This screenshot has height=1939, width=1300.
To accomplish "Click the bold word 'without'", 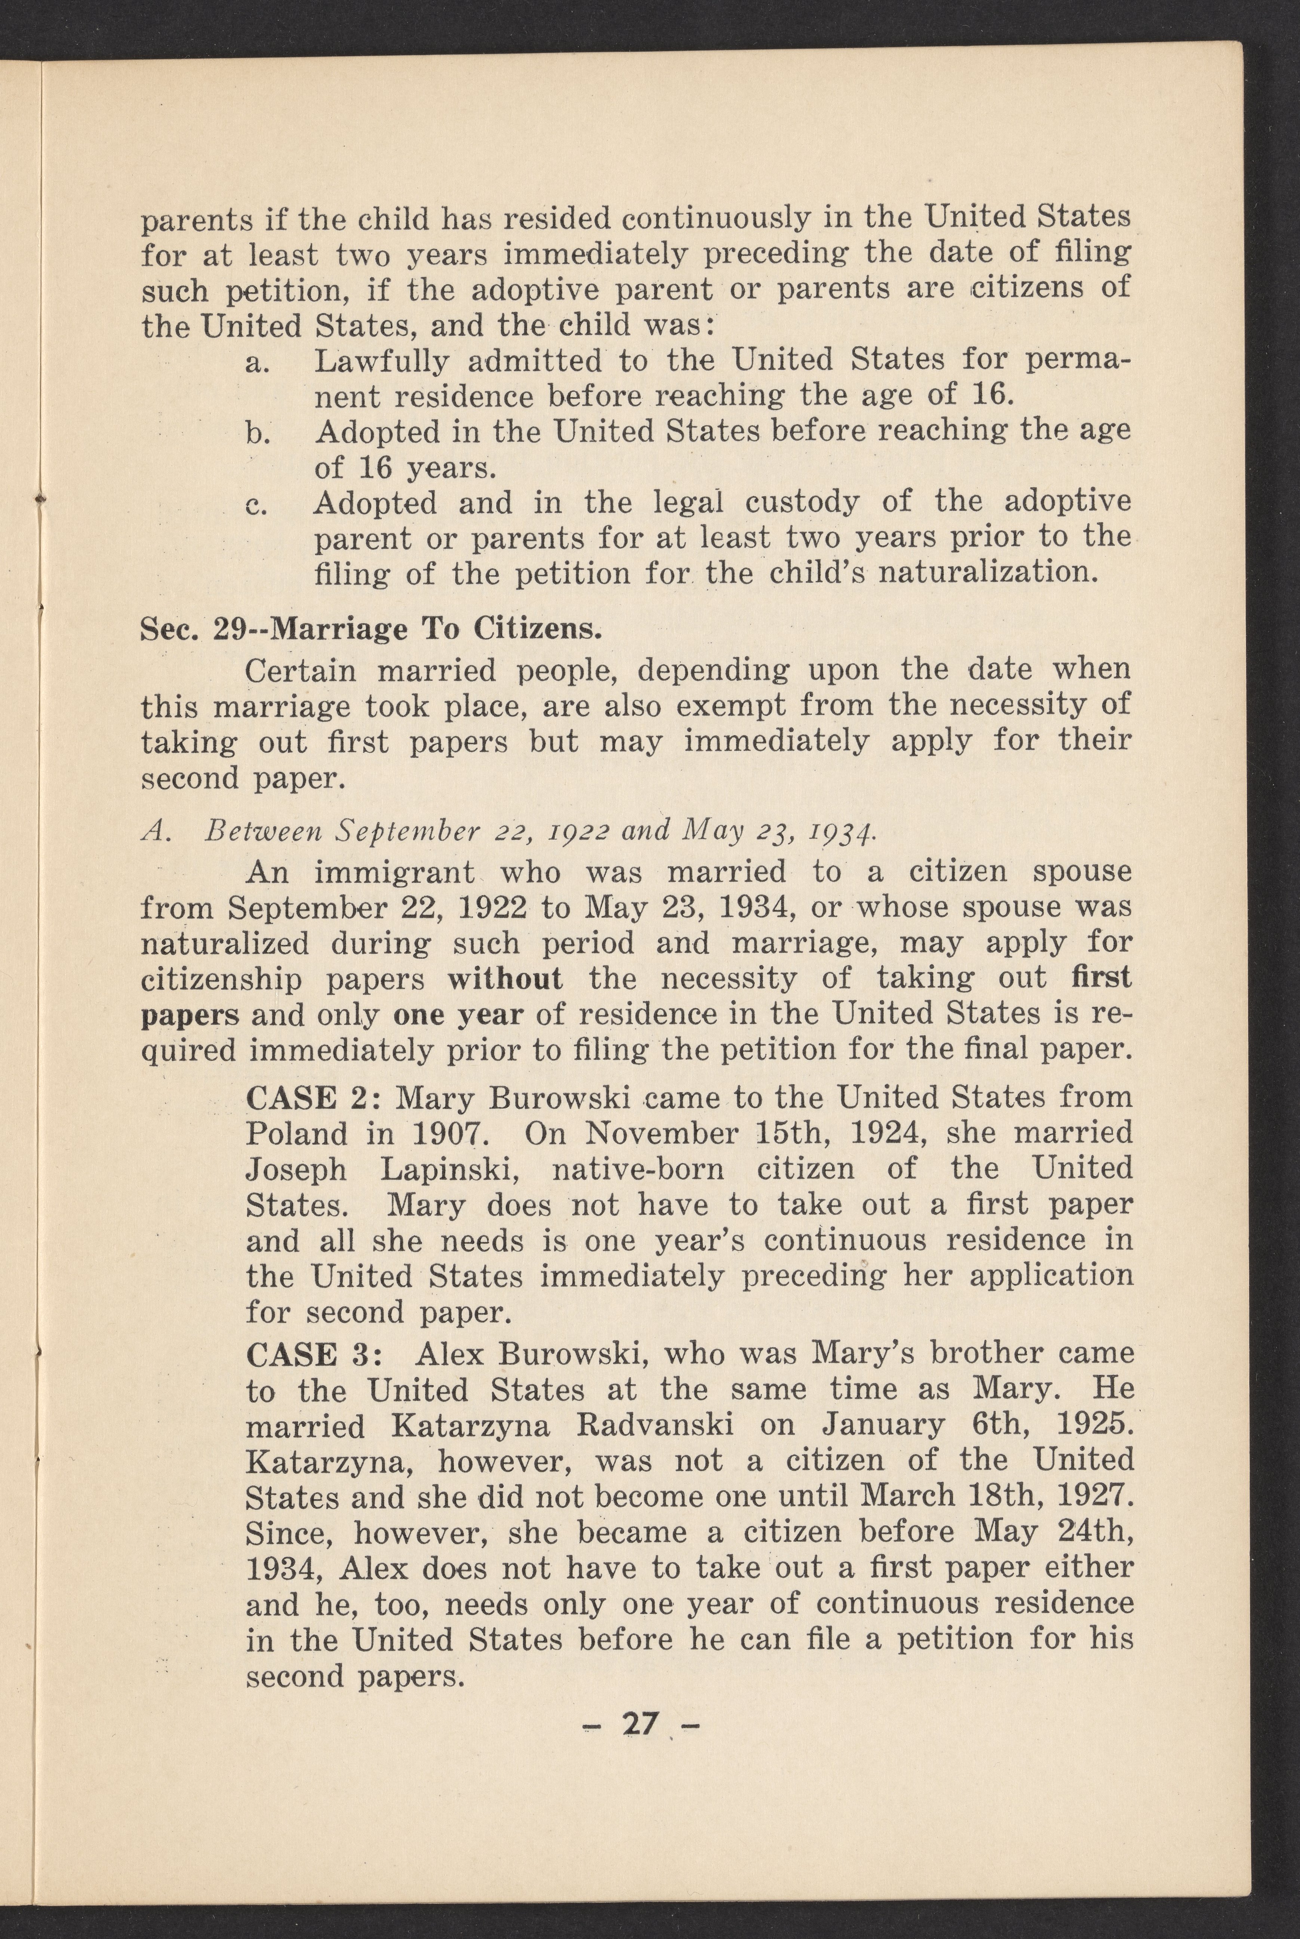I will [505, 979].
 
